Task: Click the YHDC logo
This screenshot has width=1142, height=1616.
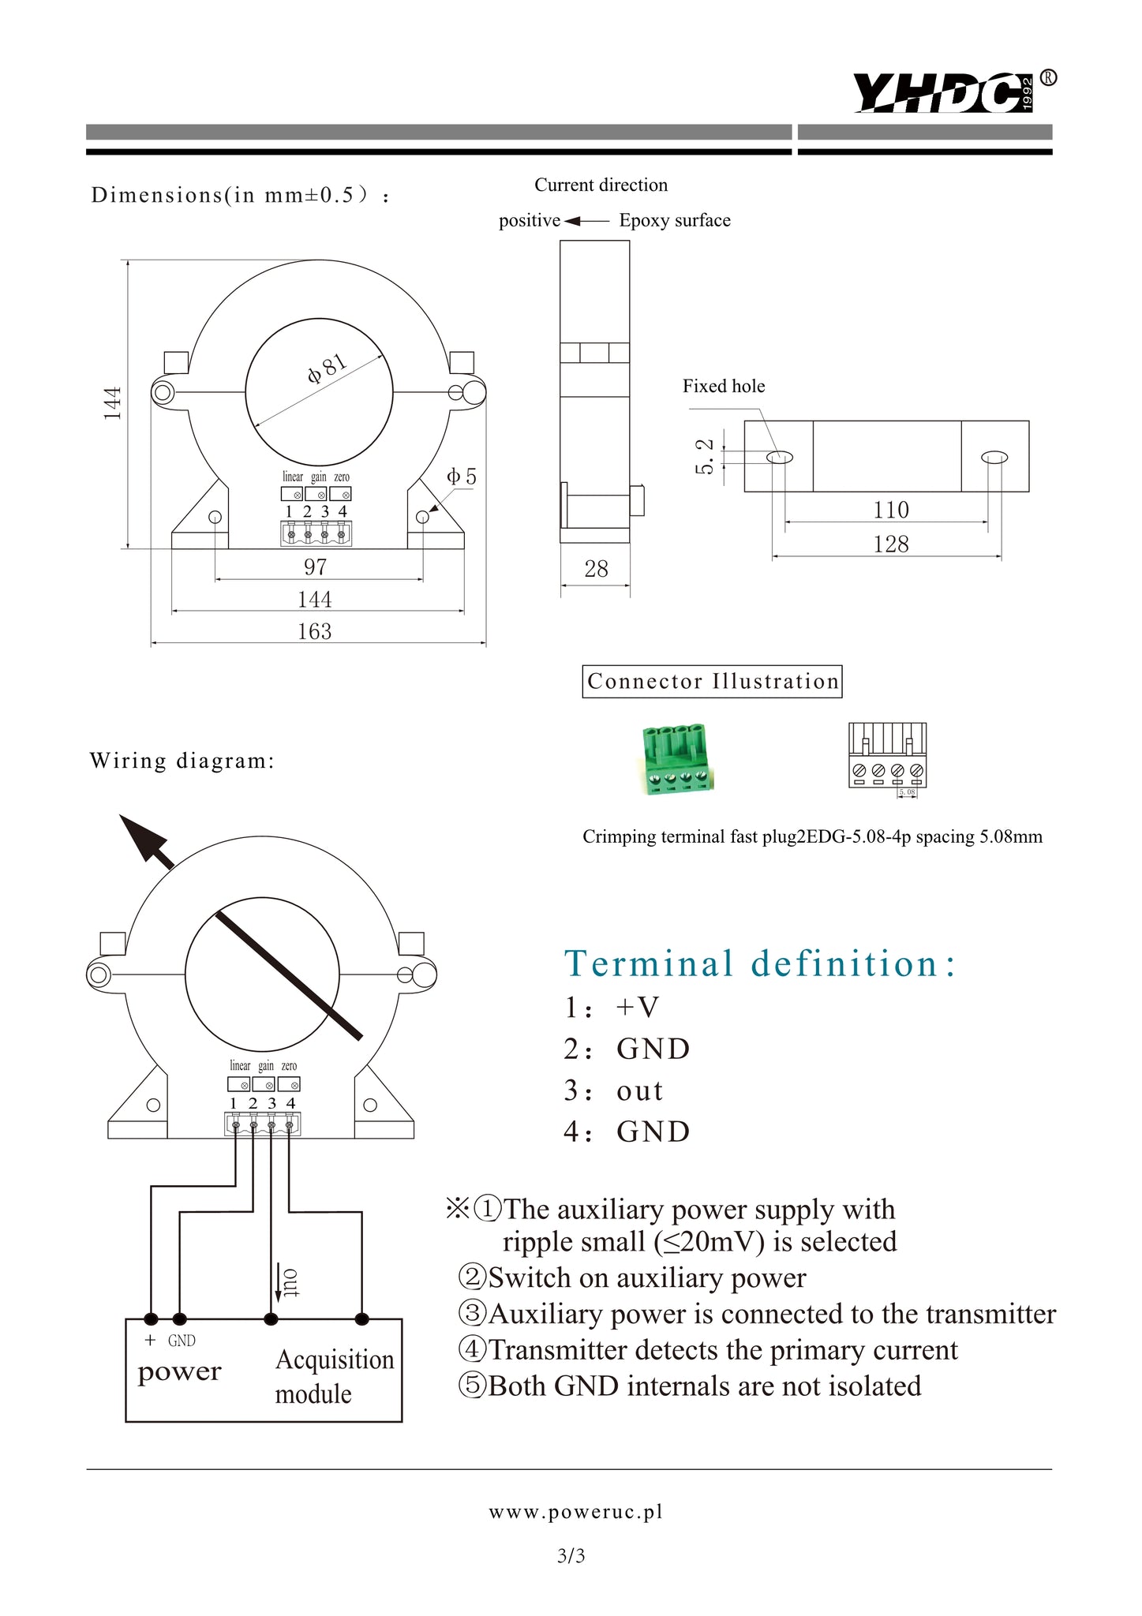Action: [x=952, y=93]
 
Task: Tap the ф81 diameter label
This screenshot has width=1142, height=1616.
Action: [x=327, y=368]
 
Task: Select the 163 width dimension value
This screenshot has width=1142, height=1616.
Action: [x=314, y=631]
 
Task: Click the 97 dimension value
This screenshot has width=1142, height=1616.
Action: [x=315, y=567]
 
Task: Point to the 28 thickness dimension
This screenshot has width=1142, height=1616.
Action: [x=596, y=569]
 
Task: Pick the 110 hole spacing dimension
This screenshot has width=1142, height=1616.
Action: [x=890, y=510]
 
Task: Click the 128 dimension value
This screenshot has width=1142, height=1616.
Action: [x=890, y=544]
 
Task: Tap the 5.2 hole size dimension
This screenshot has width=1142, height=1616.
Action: [x=705, y=457]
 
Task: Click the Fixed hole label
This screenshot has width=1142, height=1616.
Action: [x=724, y=386]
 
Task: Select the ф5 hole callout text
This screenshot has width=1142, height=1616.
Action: [x=462, y=477]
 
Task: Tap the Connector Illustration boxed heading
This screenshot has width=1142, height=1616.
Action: [x=712, y=682]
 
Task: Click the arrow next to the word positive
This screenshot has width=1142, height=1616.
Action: [x=586, y=221]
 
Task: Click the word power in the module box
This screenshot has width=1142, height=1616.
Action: [x=179, y=1371]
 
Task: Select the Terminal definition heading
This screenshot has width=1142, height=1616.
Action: [x=760, y=963]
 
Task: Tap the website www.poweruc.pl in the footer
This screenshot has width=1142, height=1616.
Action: [x=575, y=1512]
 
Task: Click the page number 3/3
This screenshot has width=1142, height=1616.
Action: [x=571, y=1556]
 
